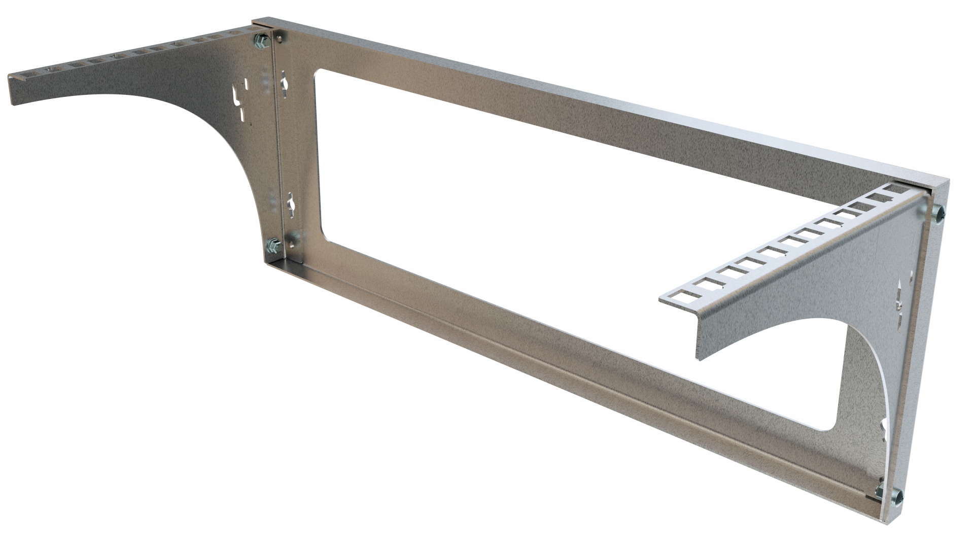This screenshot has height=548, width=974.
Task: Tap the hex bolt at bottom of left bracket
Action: click(x=272, y=246)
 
